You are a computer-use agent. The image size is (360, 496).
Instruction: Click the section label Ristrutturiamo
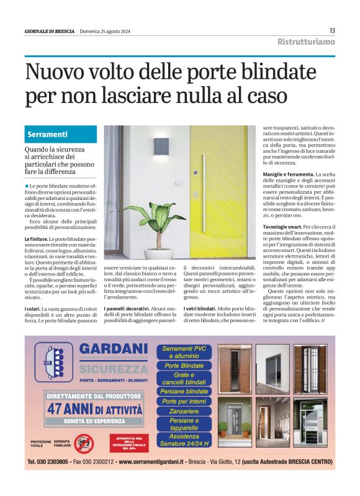306,42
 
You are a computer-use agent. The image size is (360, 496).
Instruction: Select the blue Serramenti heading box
62,134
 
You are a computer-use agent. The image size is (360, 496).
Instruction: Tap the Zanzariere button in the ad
184,411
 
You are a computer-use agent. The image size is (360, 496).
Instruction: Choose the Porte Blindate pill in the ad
184,366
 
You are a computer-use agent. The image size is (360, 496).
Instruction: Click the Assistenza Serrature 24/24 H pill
184,440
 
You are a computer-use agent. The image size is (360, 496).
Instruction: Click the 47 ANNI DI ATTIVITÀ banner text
95,408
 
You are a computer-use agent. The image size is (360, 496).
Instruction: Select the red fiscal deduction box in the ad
128,441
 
